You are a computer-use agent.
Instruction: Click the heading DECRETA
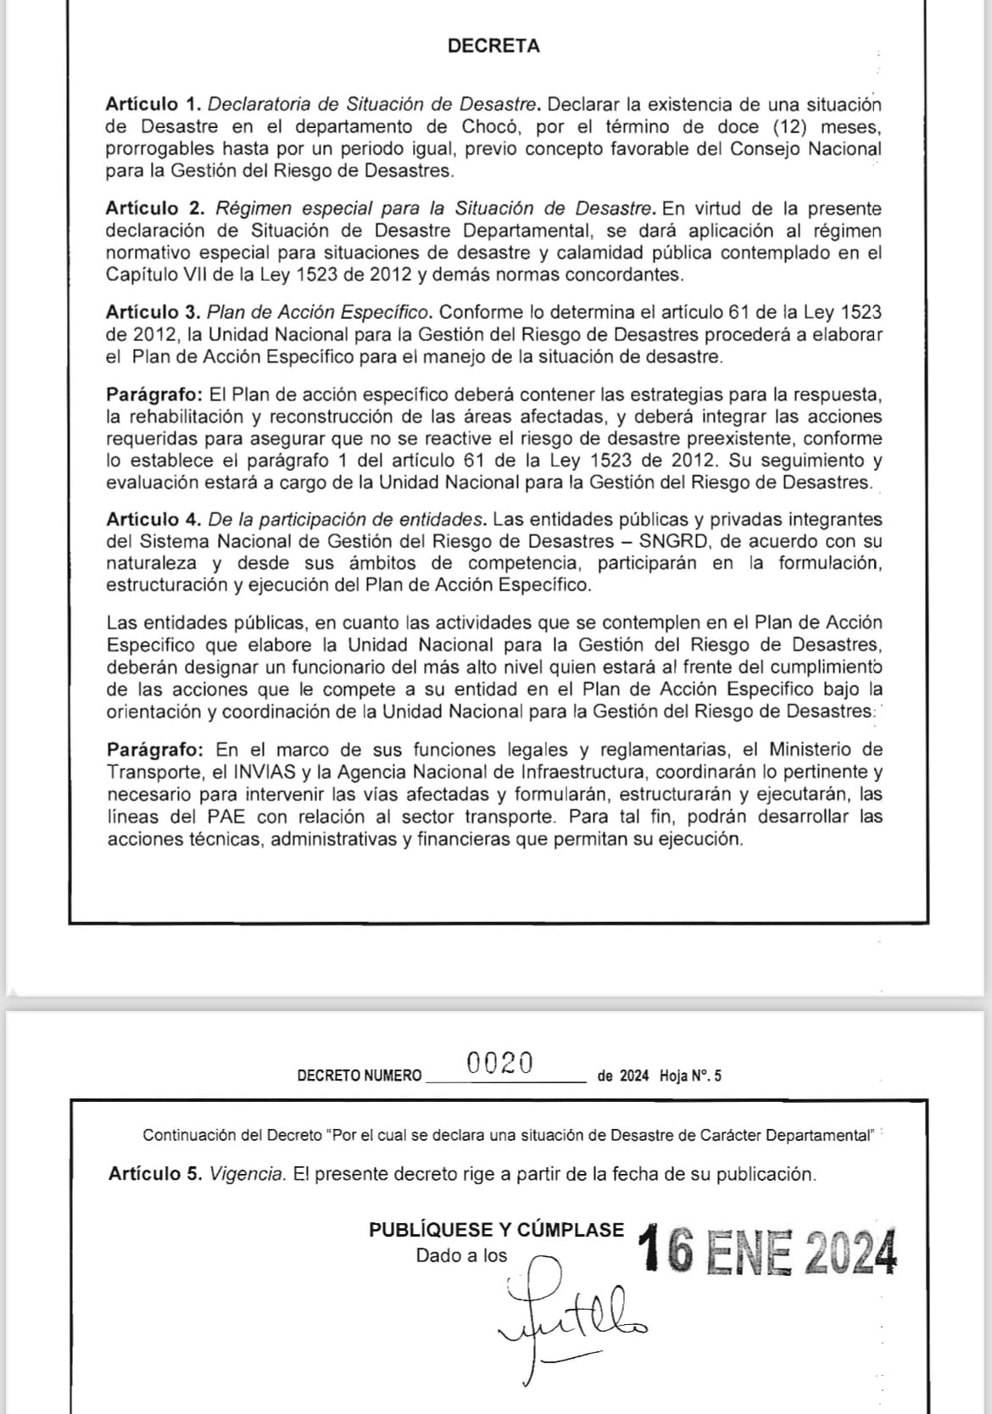pos(493,47)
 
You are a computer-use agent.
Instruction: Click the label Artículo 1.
pos(153,104)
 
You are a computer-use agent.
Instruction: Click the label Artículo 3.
pos(153,312)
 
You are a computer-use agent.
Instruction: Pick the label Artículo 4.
pos(153,519)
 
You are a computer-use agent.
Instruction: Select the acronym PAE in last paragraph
pos(225,817)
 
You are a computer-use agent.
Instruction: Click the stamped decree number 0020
pos(500,1062)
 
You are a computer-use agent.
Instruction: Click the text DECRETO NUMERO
pos(359,1076)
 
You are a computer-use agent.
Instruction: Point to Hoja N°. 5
pos(691,1076)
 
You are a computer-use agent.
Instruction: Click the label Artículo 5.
pos(155,1175)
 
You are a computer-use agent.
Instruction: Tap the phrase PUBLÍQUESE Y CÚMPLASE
pos(496,1230)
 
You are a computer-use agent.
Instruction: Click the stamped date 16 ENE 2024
pos(769,1253)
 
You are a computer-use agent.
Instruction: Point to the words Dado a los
pos(461,1256)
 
